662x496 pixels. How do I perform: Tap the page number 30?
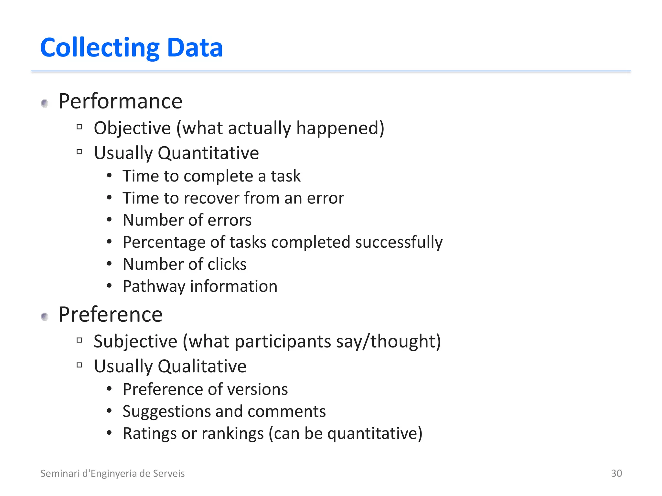(616, 473)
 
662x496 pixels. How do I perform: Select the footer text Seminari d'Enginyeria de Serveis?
(112, 473)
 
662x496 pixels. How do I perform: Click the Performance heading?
(120, 101)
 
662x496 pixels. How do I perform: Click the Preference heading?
(110, 315)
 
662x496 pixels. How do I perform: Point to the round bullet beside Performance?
(45, 103)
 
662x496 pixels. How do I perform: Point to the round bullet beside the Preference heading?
(45, 317)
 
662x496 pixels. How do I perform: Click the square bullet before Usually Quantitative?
(79, 152)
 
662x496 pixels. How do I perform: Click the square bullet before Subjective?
(79, 340)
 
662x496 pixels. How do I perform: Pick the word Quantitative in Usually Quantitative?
(208, 153)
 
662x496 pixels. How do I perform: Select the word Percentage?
(164, 243)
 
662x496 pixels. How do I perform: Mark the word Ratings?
(149, 434)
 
